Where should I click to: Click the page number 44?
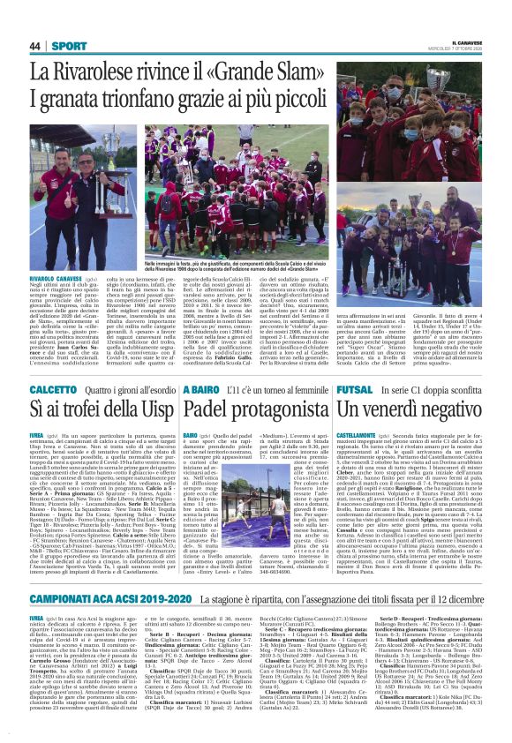click(x=35, y=46)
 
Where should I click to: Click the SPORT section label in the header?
click(x=63, y=46)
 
